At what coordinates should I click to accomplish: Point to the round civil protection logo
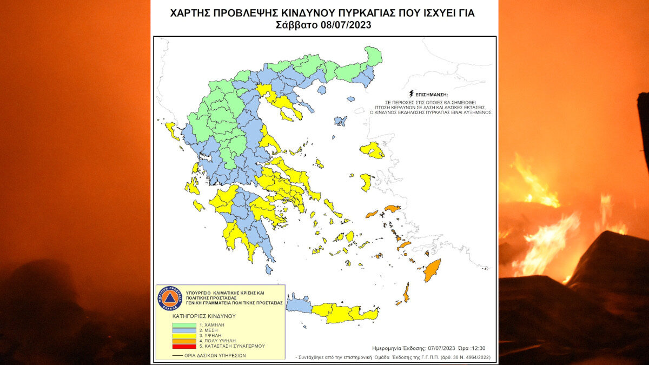coord(168,298)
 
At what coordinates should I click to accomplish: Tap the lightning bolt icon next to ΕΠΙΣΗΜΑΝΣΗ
coord(412,93)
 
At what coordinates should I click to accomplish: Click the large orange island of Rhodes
coord(432,270)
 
